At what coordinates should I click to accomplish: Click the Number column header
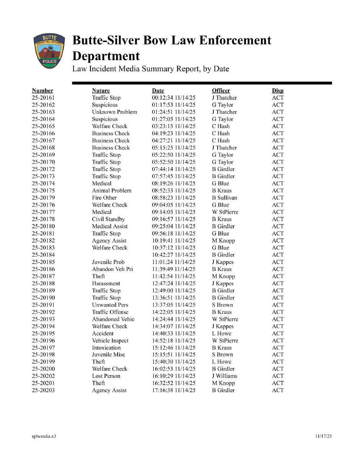[43, 91]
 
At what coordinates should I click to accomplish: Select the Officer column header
[221, 91]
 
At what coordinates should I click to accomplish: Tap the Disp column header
[278, 91]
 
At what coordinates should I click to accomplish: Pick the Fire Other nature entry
[104, 198]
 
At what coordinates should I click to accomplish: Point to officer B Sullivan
[225, 198]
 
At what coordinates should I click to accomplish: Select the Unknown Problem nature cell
[114, 112]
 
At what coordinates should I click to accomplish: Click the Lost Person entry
[106, 376]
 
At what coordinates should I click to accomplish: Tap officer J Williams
[225, 376]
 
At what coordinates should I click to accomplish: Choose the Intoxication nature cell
[106, 348]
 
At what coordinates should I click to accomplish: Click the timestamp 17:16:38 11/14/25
[174, 391]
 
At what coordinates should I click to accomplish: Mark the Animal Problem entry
[111, 190]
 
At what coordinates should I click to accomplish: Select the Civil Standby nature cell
[108, 219]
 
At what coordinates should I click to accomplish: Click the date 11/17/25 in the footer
[323, 436]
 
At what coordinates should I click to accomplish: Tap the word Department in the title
[106, 56]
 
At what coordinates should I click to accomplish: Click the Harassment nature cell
[106, 284]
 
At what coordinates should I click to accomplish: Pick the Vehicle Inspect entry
[110, 341]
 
